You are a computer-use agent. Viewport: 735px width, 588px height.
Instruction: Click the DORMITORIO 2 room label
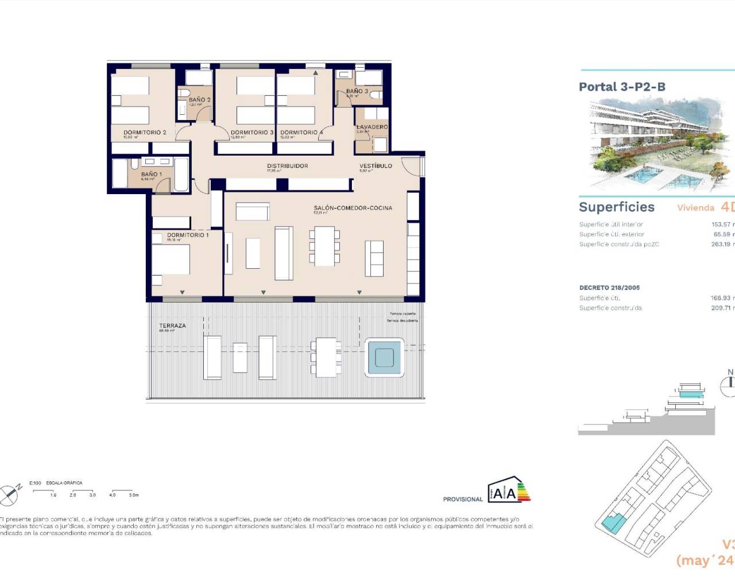click(145, 133)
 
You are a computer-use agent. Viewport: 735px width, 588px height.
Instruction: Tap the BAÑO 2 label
click(199, 100)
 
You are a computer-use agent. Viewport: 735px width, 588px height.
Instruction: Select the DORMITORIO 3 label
click(252, 133)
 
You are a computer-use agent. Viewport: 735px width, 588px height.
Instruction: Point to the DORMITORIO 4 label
click(301, 133)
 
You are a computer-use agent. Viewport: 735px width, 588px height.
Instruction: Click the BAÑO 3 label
click(357, 91)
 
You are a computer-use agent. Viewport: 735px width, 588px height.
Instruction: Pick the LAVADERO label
click(372, 127)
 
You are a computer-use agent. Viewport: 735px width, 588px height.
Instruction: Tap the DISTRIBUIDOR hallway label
click(287, 166)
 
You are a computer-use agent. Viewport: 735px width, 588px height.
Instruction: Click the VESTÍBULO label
click(376, 166)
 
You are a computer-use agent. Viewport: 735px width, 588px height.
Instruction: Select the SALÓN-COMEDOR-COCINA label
click(353, 208)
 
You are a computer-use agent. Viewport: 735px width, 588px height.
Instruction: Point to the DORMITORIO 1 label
click(188, 235)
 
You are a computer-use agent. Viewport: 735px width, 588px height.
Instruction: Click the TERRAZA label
click(172, 326)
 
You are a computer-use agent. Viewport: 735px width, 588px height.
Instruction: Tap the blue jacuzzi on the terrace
click(384, 358)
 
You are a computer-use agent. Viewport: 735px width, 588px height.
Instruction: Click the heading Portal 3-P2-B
click(622, 87)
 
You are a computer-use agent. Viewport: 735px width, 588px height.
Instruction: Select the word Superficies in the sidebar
click(616, 207)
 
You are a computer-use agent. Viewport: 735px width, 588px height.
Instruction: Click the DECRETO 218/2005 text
click(609, 288)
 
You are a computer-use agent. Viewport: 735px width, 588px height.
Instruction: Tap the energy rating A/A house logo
click(509, 490)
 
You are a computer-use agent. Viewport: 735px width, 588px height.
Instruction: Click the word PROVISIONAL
click(463, 499)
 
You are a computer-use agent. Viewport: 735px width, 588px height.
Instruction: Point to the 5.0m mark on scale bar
click(133, 494)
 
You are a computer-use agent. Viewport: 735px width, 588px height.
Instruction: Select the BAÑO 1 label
click(152, 174)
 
